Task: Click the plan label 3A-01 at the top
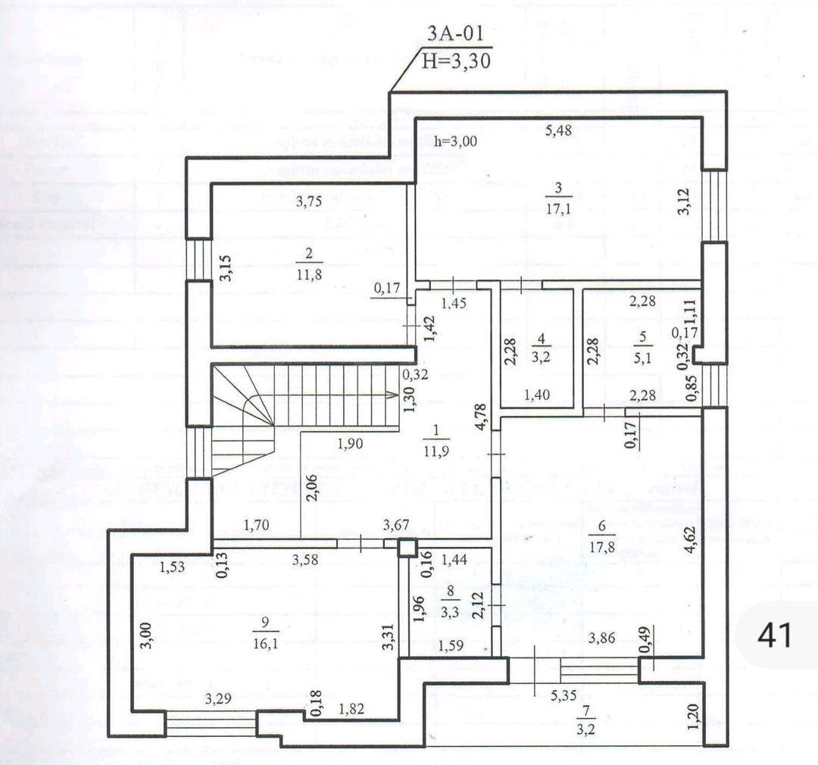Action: click(454, 34)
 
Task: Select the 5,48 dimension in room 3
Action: click(559, 130)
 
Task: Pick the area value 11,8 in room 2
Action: click(308, 273)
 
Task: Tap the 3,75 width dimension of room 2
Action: click(308, 201)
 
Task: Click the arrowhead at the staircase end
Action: click(393, 395)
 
